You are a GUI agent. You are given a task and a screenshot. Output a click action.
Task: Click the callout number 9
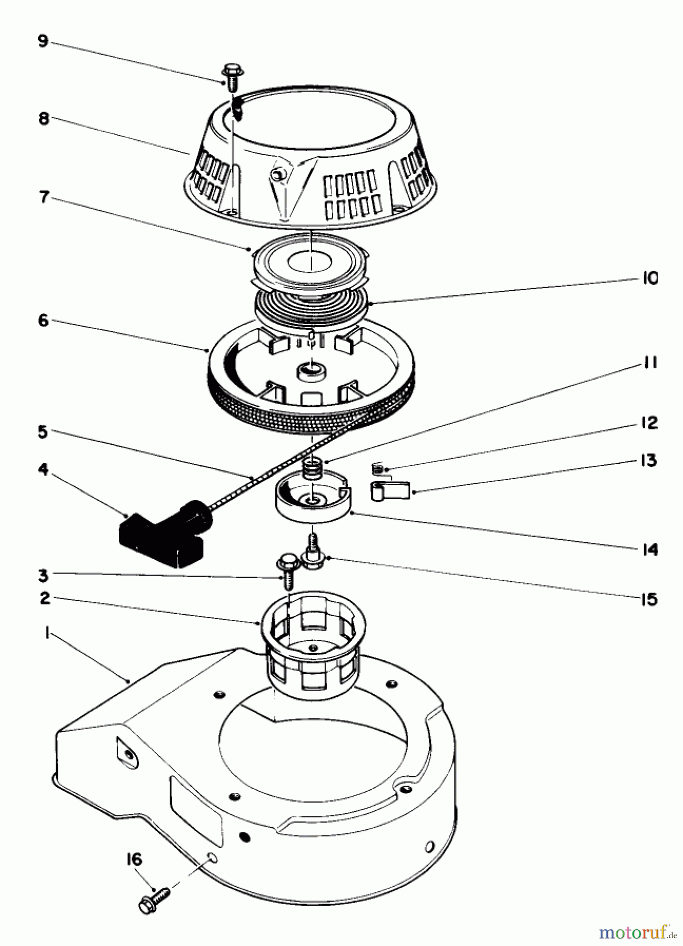[43, 40]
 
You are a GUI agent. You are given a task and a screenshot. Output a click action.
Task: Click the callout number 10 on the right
[650, 278]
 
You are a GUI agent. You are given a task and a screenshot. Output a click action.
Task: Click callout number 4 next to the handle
[43, 469]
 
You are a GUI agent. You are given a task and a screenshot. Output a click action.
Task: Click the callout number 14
[650, 549]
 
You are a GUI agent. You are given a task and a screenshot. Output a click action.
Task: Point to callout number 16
[134, 859]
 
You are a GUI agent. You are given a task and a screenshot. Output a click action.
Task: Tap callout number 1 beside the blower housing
[47, 634]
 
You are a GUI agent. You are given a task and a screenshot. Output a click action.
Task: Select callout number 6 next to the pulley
[43, 320]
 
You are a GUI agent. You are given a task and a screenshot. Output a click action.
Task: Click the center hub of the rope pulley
[311, 371]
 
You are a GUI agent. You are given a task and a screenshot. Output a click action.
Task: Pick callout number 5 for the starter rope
[43, 432]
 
